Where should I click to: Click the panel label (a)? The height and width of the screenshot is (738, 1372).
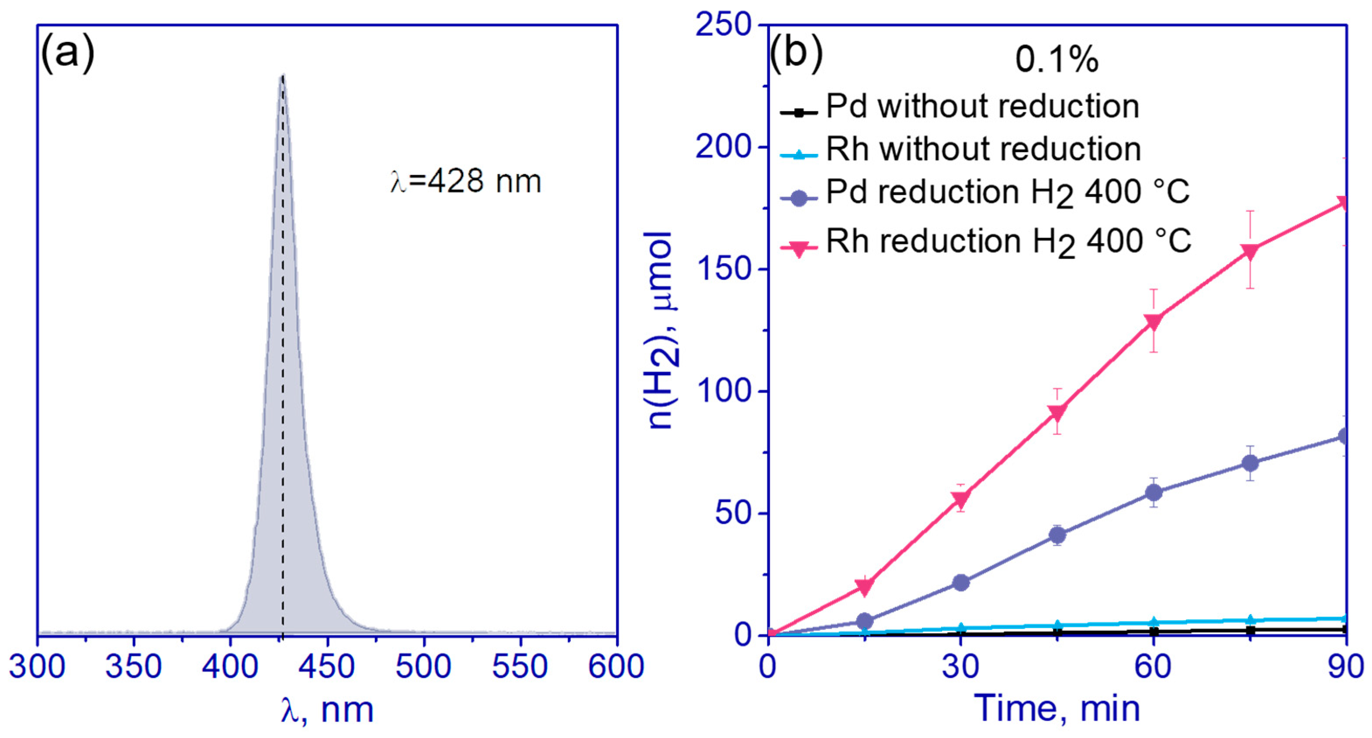pos(68,54)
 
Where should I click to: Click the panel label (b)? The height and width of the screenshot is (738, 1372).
pos(796,54)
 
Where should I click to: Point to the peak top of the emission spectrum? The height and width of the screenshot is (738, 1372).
pos(283,76)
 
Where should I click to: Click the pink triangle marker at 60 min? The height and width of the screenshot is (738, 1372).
pos(1154,322)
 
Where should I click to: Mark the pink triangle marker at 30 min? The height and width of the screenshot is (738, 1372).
pos(961,499)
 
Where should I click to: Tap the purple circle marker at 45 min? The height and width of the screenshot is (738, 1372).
pos(1057,534)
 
